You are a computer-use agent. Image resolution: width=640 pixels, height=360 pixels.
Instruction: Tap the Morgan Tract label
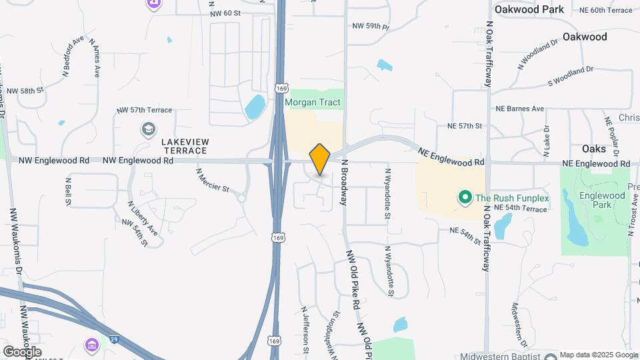pos(313,103)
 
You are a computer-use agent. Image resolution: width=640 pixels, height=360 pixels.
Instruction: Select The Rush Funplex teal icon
pos(465,197)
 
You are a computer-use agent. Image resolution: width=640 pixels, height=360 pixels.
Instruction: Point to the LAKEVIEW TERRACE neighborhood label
pos(185,147)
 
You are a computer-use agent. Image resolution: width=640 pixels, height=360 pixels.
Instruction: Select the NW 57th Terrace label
pos(144,110)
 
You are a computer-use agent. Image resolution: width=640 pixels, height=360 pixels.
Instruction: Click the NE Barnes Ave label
pos(519,109)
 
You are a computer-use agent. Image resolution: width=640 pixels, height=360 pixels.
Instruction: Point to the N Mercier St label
pos(213,180)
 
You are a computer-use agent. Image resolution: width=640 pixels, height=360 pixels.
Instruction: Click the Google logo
pos(21,351)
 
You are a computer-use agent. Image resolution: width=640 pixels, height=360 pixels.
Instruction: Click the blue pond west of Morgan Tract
pos(255,107)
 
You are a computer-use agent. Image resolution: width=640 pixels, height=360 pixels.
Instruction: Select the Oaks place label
pos(593,148)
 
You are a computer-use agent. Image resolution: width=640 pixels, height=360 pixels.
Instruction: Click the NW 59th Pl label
pos(370,26)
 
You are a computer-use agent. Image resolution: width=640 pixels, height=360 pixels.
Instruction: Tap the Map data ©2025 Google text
pos(598,355)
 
